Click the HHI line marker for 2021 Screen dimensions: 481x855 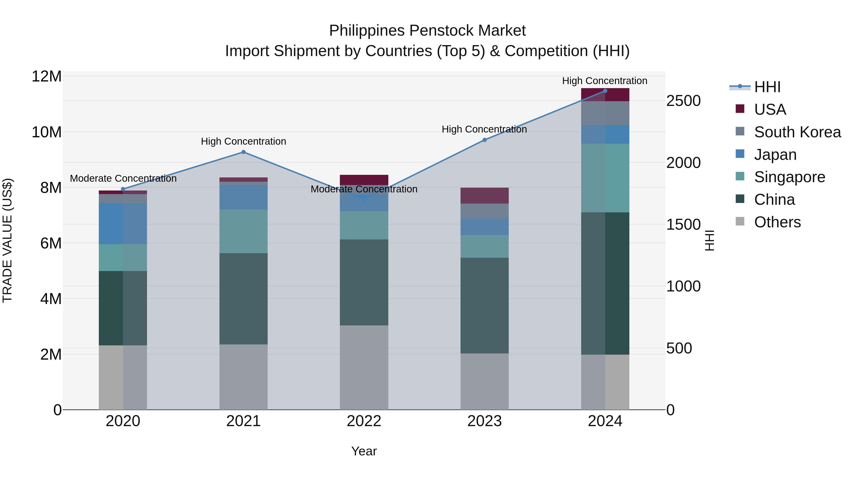tap(243, 152)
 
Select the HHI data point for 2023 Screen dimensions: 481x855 tap(484, 140)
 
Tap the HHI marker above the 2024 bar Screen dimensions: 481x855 tap(605, 91)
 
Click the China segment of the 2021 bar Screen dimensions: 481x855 tap(243, 299)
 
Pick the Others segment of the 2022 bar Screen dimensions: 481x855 tap(364, 367)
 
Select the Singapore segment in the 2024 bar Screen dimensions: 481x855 tap(605, 178)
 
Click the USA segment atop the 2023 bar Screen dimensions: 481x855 tap(484, 195)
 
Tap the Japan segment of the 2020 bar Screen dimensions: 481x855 tap(123, 224)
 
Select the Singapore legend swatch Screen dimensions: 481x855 tap(740, 176)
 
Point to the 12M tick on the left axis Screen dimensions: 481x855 tap(47, 77)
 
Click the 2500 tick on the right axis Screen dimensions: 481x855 tap(683, 101)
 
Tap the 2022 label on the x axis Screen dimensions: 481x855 tap(364, 421)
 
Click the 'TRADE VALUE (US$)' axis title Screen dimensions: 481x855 tap(7, 240)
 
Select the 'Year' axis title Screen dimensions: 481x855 tap(364, 451)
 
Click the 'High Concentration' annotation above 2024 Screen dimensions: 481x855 tap(604, 81)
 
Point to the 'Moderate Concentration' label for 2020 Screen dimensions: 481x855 tap(123, 178)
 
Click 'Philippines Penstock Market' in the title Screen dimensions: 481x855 tap(427, 31)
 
